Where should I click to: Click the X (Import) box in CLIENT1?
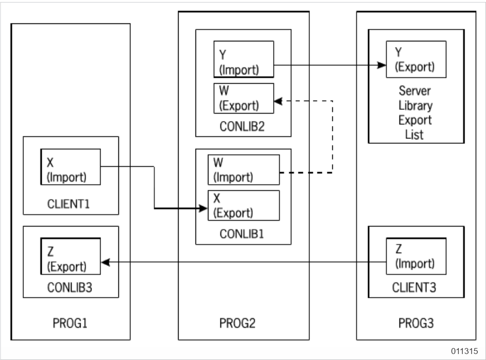[71, 167]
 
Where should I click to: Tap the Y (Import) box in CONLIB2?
[244, 59]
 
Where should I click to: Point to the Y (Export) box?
[416, 59]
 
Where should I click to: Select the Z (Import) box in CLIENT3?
[416, 255]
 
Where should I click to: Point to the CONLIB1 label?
[243, 232]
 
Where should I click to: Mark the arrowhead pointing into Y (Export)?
[382, 65]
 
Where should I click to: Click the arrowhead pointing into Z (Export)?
[105, 261]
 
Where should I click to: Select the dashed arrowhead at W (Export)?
[278, 101]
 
